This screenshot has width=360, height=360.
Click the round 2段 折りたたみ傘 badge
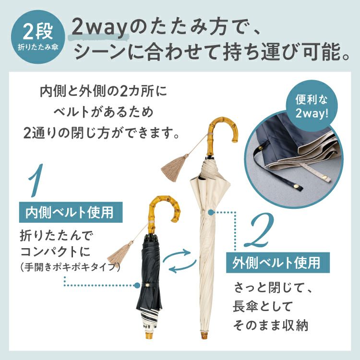point(38,37)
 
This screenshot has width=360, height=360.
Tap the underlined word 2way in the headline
point(99,28)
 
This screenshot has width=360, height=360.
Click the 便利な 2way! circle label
point(312,106)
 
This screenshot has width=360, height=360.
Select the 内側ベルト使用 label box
point(71,212)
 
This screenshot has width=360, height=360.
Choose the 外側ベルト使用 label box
point(278,263)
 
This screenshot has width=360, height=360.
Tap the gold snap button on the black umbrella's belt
point(148,285)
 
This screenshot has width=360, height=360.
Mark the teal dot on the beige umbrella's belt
point(211,212)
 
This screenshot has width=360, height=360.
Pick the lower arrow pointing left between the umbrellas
point(182,267)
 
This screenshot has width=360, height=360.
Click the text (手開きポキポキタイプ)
point(70,267)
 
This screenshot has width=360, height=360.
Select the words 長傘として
point(263,306)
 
